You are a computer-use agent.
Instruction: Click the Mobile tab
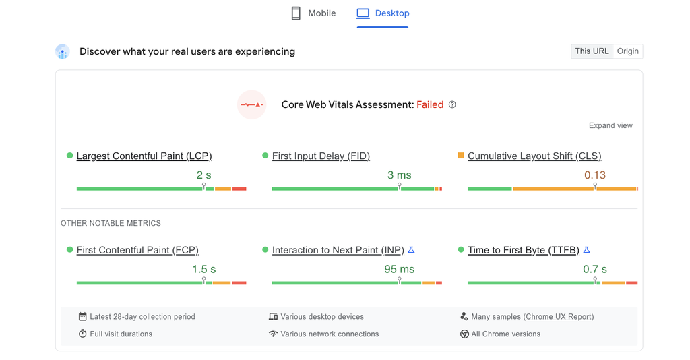[x=313, y=13]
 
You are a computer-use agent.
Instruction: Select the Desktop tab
[x=383, y=13]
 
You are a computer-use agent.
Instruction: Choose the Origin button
[x=627, y=51]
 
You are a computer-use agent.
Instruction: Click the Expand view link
[x=610, y=125]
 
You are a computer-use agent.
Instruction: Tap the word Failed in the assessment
[x=430, y=104]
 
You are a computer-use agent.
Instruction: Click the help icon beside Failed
[x=452, y=104]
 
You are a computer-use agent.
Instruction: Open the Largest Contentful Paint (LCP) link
[x=144, y=156]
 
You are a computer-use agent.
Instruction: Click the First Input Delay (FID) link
[x=321, y=156]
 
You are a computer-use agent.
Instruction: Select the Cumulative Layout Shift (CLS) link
[x=534, y=156]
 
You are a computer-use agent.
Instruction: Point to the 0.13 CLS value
[x=594, y=175]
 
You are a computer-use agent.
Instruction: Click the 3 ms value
[x=399, y=175]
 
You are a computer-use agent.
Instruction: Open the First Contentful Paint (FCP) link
[x=137, y=250]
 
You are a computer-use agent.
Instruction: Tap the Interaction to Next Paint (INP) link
[x=338, y=250]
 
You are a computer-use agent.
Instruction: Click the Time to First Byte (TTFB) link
[x=523, y=250]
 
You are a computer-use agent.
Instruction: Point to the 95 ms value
[x=399, y=269]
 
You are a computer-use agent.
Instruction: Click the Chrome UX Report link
[x=559, y=316]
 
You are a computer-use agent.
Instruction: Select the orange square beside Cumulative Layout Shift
[x=461, y=156]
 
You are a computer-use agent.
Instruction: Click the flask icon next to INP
[x=411, y=250]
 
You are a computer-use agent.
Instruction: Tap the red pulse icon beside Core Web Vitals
[x=251, y=104]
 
